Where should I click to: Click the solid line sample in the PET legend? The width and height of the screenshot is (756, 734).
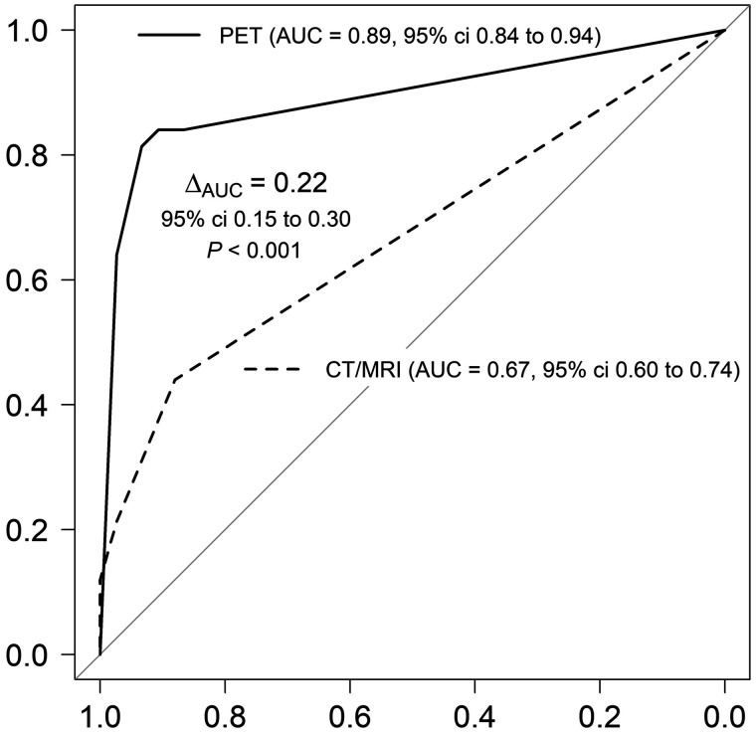pos(173,36)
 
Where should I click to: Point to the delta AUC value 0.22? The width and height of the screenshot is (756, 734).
pos(298,183)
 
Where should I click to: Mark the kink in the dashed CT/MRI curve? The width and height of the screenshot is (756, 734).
pos(176,379)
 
